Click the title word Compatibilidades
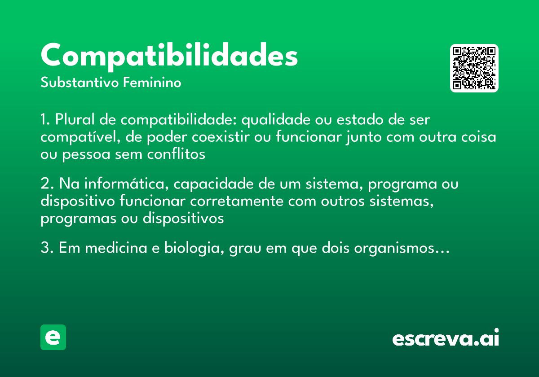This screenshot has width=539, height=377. click(x=169, y=56)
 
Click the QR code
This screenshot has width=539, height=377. click(x=474, y=68)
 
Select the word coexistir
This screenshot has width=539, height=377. click(x=216, y=137)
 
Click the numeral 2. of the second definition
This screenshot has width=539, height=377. click(x=46, y=184)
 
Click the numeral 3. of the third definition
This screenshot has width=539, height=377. click(x=46, y=248)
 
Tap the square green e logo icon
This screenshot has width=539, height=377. click(x=53, y=337)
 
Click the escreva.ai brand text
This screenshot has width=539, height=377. click(x=446, y=338)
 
